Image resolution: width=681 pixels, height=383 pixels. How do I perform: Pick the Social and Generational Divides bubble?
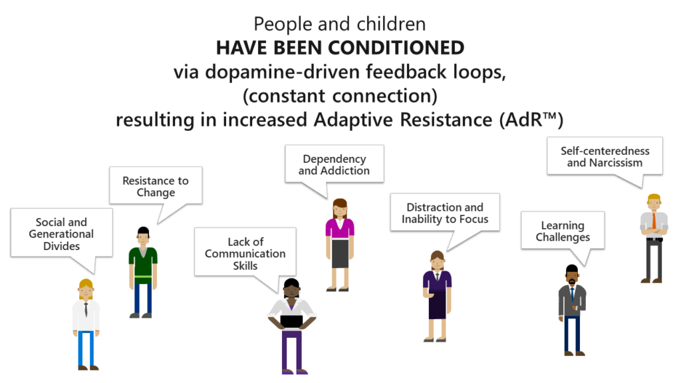[61, 233]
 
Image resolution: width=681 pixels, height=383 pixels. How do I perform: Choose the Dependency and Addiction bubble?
[334, 165]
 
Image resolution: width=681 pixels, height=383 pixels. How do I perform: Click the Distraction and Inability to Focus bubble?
[445, 213]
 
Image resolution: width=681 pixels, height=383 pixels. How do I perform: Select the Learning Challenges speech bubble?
[563, 231]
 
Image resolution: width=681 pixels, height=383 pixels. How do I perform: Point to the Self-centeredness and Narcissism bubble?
[605, 157]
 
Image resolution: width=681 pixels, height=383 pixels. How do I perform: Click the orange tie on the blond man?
[654, 221]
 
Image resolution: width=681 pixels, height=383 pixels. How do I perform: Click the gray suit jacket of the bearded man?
[572, 301]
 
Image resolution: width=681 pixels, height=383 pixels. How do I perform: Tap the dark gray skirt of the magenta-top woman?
[340, 253]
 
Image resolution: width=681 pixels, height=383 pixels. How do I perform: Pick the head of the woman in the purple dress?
[437, 261]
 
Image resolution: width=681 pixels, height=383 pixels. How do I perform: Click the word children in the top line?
[391, 25]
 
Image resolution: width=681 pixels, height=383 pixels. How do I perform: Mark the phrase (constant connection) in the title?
[340, 96]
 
